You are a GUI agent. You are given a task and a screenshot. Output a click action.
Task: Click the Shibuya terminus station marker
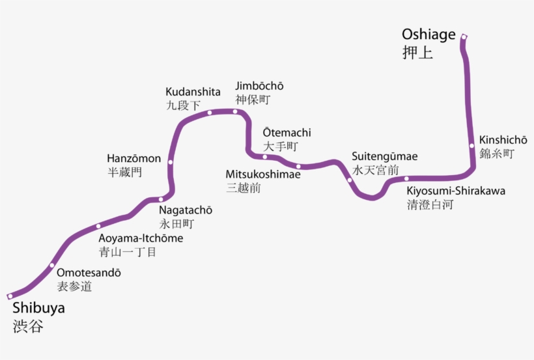[10, 296]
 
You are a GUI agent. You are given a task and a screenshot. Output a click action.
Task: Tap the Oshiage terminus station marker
[464, 36]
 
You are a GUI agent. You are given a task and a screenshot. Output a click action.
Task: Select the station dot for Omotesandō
[52, 265]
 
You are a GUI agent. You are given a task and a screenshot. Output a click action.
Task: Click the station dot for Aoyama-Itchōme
[98, 227]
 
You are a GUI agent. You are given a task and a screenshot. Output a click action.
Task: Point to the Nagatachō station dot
[161, 199]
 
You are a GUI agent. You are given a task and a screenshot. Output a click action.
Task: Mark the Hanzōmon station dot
[170, 162]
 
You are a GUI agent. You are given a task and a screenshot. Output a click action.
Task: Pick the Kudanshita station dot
[210, 113]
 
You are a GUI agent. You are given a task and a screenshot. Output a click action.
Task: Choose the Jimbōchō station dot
[236, 111]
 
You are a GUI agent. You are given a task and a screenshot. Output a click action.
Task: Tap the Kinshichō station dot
[472, 146]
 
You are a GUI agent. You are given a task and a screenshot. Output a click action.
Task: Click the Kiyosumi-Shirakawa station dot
[406, 178]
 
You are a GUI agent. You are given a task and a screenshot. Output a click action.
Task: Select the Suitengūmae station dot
[350, 180]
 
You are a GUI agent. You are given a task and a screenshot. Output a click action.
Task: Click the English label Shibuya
[38, 308]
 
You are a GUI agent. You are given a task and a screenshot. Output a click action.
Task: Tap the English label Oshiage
[429, 35]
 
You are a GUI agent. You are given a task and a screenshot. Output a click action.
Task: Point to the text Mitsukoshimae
[263, 174]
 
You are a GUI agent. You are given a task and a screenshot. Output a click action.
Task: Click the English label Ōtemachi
[287, 132]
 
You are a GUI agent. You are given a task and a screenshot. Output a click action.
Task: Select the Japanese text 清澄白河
[430, 204]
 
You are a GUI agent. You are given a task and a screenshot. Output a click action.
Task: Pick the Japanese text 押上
[417, 53]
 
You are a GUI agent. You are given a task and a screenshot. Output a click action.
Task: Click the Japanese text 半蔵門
[124, 173]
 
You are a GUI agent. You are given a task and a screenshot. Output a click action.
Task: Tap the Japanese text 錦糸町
[497, 154]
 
